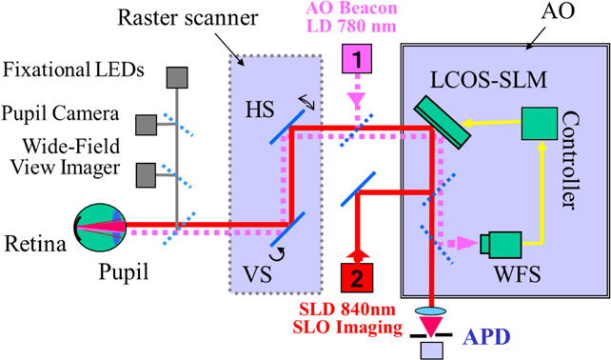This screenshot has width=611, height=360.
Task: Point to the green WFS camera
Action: click(x=499, y=245)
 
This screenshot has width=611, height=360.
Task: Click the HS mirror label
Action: click(x=252, y=108)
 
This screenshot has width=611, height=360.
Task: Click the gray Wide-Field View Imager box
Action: click(x=147, y=174)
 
